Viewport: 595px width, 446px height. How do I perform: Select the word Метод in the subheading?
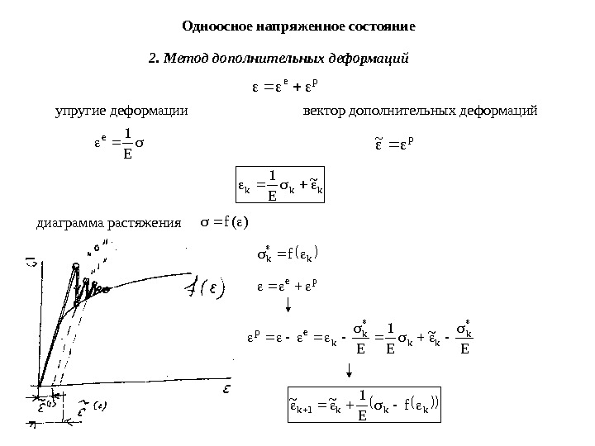point(186,59)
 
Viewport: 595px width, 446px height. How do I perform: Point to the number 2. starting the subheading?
point(153,59)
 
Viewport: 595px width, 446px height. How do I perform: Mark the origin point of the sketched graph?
point(39,384)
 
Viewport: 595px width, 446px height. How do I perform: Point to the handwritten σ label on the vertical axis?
point(31,263)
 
